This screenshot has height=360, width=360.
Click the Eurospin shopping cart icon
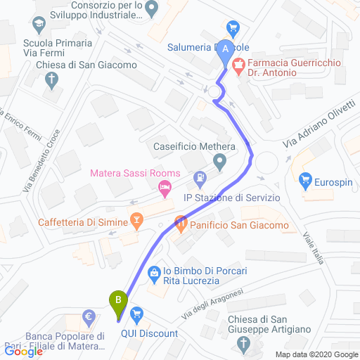pyautogui.click(x=305, y=180)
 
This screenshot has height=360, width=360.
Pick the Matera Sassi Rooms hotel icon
pyautogui.click(x=165, y=186)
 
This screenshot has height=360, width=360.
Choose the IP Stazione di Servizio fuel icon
pyautogui.click(x=201, y=179)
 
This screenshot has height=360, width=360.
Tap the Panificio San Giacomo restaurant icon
pyautogui.click(x=179, y=225)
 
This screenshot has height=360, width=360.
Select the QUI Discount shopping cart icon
pyautogui.click(x=136, y=313)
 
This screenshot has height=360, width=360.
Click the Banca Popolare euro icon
pyautogui.click(x=90, y=318)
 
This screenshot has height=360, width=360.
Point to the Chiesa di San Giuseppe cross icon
pyautogui.click(x=244, y=344)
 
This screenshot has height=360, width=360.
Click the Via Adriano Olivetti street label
pyautogui.click(x=319, y=123)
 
